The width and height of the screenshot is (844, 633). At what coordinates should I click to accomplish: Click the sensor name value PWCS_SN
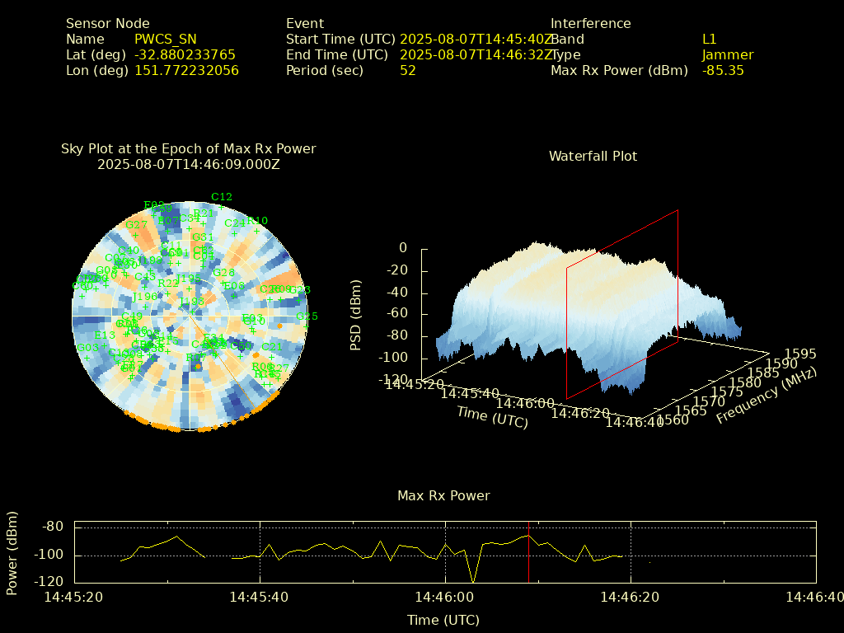point(166,39)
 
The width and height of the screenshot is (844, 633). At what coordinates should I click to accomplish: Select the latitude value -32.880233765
point(185,54)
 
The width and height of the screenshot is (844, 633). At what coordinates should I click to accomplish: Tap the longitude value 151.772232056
point(186,70)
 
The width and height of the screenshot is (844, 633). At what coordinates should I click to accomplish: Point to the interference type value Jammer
point(728,54)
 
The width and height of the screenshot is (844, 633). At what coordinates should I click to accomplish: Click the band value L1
point(710,39)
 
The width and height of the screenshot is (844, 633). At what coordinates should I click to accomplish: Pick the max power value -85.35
point(723,70)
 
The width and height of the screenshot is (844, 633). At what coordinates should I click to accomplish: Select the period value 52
point(408,70)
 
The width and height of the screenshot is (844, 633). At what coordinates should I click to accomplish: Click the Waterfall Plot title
point(593,156)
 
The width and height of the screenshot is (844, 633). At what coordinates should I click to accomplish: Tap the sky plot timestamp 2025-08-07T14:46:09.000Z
point(189,164)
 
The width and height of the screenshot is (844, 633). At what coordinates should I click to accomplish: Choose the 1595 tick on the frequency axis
point(801,354)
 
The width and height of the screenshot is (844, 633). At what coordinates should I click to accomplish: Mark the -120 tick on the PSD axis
point(394,379)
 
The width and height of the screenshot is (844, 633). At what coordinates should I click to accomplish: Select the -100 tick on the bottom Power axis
point(51,554)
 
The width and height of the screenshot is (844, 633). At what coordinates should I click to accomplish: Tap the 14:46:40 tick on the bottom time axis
point(815,596)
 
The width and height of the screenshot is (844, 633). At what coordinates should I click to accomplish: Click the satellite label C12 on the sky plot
point(222,197)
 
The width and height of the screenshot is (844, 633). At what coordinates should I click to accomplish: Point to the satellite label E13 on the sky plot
point(105,335)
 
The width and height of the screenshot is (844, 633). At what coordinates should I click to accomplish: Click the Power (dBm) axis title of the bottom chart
point(12,554)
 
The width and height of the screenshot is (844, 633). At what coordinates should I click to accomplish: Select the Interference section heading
point(591,23)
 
